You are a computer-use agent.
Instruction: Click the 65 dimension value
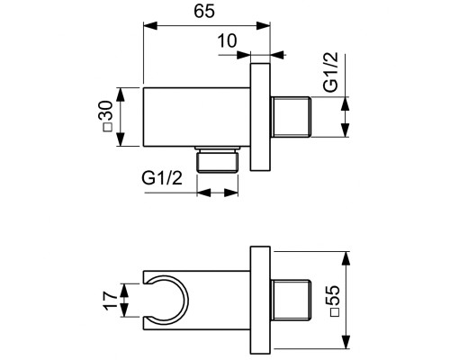(204, 11)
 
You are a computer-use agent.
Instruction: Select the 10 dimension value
(228, 40)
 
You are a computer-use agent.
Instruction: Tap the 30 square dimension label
(105, 116)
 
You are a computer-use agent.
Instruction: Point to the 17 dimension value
(110, 301)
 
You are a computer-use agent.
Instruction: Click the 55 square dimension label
(333, 301)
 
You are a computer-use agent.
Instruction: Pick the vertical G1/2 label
(330, 72)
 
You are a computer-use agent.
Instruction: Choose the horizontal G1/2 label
(162, 179)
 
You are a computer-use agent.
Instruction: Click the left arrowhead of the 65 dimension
(150, 25)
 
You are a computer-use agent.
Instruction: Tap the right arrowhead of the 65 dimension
(264, 25)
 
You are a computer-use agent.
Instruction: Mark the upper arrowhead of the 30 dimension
(121, 94)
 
